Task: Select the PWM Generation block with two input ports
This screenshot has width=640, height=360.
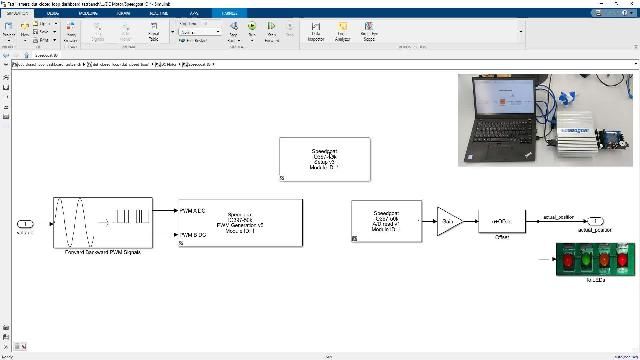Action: tap(240, 223)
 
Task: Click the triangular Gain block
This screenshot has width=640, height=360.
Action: tap(447, 222)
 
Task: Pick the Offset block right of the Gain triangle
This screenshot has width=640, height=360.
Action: tap(501, 221)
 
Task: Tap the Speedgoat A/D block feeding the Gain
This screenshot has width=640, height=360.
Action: tap(387, 221)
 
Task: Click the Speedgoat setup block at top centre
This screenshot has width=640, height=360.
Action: tap(324, 159)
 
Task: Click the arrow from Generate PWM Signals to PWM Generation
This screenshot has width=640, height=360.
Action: tap(165, 212)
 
